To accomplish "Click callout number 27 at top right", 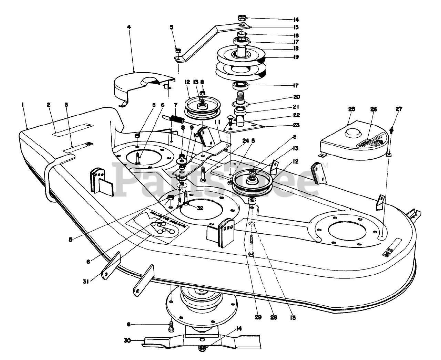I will (x=399, y=109).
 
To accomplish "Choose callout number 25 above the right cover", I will (x=351, y=109).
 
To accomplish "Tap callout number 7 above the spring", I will (x=175, y=104).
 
